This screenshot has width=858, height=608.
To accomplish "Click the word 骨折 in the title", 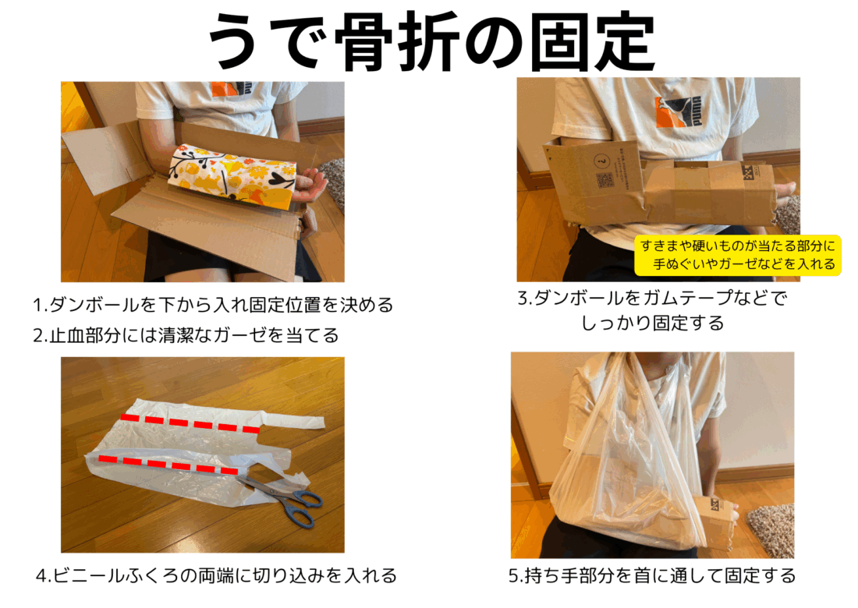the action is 396,42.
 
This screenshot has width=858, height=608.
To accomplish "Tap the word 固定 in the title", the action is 593,42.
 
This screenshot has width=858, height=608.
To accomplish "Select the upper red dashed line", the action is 190,424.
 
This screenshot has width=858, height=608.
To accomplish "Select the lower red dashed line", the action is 168,465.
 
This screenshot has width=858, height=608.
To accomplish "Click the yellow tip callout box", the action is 738,256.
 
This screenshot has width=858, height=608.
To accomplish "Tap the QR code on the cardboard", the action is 604,180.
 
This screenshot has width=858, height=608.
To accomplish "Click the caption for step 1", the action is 213,305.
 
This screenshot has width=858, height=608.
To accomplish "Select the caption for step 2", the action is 186,334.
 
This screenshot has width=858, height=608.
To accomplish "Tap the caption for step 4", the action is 216,575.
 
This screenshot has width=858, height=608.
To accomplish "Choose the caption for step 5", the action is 652,575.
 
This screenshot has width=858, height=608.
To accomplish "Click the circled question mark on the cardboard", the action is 601,161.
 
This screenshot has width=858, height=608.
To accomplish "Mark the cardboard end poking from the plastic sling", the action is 720,519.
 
